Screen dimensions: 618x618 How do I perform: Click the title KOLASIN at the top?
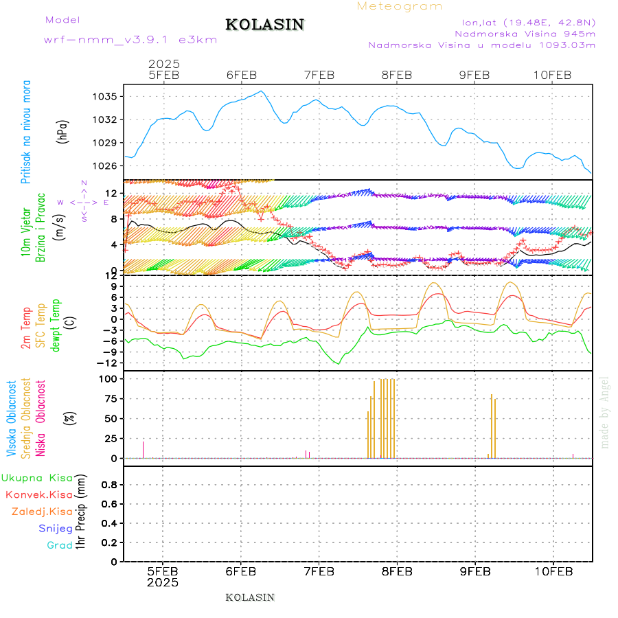tap(264, 25)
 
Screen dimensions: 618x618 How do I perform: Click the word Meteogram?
tap(400, 6)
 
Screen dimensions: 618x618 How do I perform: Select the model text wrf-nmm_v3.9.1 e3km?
tap(130, 40)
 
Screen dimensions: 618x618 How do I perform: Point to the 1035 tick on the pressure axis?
tap(106, 96)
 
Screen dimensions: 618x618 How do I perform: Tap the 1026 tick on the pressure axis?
tap(106, 165)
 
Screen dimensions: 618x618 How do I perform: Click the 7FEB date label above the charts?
tap(319, 75)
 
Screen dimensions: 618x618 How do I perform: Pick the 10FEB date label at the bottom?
tap(553, 571)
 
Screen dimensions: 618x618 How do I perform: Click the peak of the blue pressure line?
tap(261, 91)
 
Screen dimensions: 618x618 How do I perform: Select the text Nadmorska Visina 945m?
tap(525, 33)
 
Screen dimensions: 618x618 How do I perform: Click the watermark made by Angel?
tap(605, 412)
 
